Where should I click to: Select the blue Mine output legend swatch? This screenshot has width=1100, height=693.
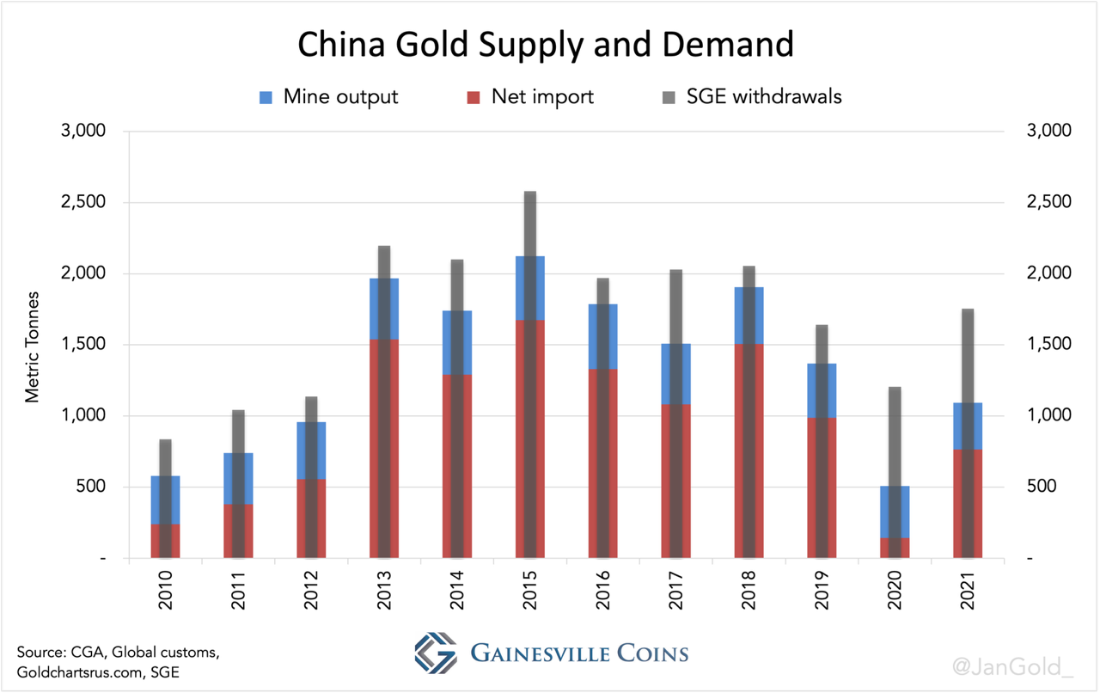tap(266, 96)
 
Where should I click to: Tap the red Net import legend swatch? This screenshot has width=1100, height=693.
tap(474, 96)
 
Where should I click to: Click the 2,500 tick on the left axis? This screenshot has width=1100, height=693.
tap(82, 202)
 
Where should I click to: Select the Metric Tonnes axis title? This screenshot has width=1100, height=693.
tap(33, 345)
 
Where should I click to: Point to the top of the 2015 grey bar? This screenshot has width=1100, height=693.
tap(530, 193)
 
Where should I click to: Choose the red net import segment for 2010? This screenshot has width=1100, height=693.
tap(156, 541)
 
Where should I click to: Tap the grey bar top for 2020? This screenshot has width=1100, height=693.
tap(895, 389)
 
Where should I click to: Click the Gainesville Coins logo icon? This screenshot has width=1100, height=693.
tap(436, 654)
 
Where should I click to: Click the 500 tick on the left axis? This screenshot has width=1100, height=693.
tap(90, 487)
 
